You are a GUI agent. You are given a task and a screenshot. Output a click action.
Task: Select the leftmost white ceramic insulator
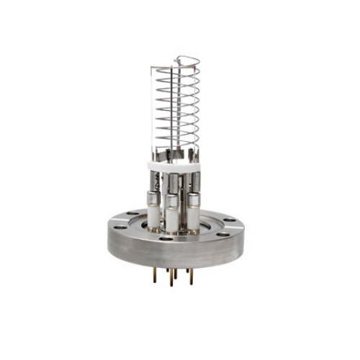click(153, 214)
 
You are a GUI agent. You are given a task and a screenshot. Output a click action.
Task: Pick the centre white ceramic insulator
click(173, 217)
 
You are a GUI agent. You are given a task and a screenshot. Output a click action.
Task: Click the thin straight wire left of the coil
click(155, 108)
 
